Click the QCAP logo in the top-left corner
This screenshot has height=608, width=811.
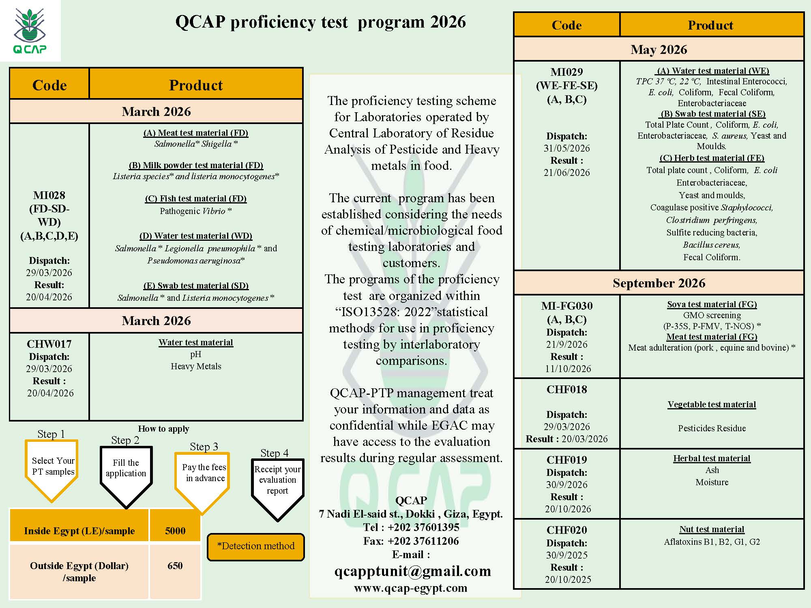tap(30, 31)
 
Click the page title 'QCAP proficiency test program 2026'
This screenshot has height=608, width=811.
tap(320, 22)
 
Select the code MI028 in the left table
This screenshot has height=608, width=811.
tap(49, 195)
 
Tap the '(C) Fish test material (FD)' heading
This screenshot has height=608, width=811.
tap(195, 199)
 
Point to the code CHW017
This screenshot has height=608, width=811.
tap(49, 344)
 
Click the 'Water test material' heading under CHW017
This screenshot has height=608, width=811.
tap(195, 343)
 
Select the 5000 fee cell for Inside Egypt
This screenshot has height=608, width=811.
tap(175, 531)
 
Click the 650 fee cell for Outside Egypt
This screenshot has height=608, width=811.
tap(175, 565)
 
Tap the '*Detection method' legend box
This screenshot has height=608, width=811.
tap(256, 546)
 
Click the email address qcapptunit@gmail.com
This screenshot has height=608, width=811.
tap(412, 571)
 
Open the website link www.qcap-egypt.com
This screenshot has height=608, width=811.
tap(410, 588)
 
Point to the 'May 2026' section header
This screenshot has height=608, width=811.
tap(659, 49)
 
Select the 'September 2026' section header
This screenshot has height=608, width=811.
tap(659, 283)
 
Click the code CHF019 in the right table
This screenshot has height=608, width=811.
tap(566, 460)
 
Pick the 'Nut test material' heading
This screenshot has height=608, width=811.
tap(712, 529)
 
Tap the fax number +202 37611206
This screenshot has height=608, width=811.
tap(423, 541)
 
